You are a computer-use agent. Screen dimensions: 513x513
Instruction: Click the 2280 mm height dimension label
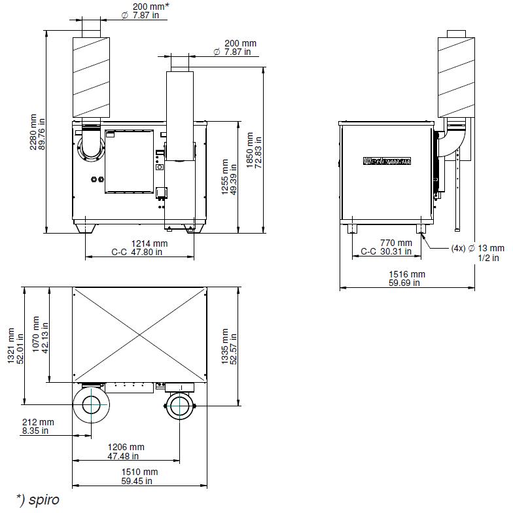point(38,132)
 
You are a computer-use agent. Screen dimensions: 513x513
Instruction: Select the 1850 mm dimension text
point(254,150)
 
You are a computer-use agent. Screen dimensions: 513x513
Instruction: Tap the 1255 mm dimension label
point(229,177)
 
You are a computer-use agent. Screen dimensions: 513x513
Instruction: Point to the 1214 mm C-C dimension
point(140,247)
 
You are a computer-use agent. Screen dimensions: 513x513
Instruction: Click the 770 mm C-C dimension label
point(386,247)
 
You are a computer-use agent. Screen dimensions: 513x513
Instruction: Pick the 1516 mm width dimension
point(407,279)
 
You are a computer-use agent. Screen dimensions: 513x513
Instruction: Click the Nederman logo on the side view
point(387,161)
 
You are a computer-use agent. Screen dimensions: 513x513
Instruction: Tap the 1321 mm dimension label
point(16,345)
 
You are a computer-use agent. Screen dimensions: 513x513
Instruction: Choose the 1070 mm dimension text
point(41,334)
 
